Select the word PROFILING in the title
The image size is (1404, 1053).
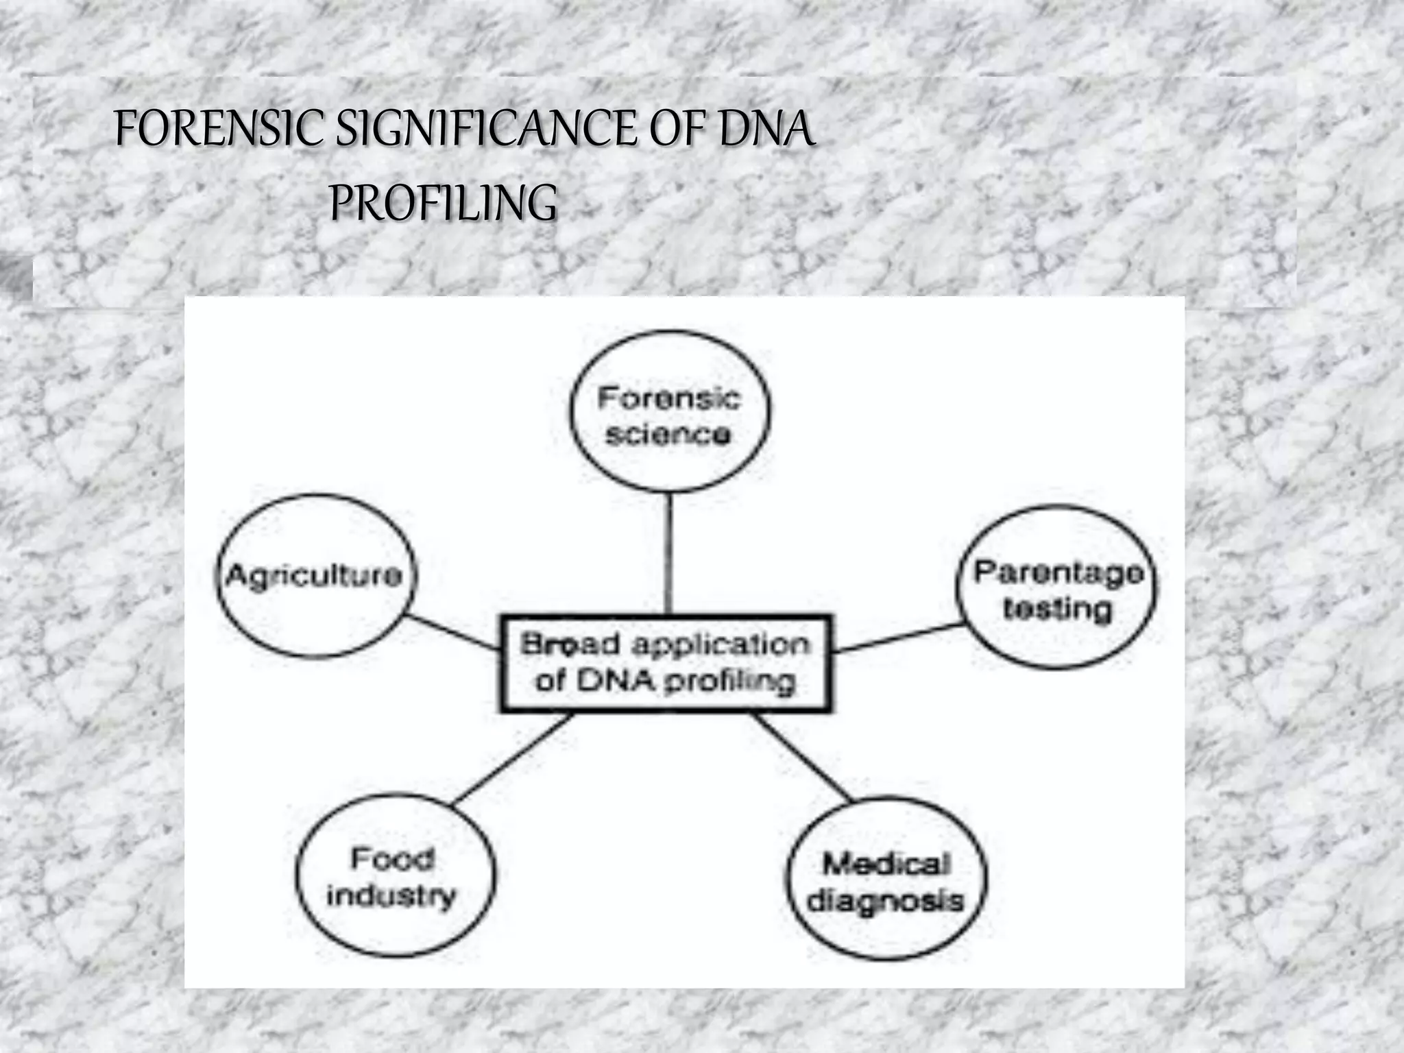pyautogui.click(x=444, y=203)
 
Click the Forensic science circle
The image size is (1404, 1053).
pyautogui.click(x=670, y=411)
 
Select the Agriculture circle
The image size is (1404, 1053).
pyautogui.click(x=315, y=576)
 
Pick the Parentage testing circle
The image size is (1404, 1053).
pyautogui.click(x=1056, y=588)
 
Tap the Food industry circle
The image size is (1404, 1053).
pyautogui.click(x=395, y=875)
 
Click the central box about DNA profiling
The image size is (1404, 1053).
pyautogui.click(x=665, y=664)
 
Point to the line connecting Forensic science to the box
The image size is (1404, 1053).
pyautogui.click(x=670, y=553)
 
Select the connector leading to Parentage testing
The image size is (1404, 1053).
pyautogui.click(x=898, y=638)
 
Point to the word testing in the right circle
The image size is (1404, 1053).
pyautogui.click(x=1057, y=609)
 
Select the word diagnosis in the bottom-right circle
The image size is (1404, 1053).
pyautogui.click(x=886, y=900)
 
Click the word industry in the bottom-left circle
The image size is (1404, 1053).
pyautogui.click(x=391, y=895)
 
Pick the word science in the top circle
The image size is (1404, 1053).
pyautogui.click(x=668, y=435)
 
